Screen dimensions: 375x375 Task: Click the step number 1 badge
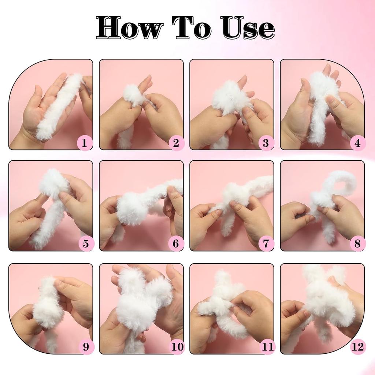(85, 143)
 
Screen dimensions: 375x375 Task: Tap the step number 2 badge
(176, 143)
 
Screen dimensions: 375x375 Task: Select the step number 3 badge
(266, 143)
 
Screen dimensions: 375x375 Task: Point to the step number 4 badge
(357, 143)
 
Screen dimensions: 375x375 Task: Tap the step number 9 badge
(86, 346)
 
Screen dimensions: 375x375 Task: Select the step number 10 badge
(177, 346)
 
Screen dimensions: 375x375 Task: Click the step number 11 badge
(267, 346)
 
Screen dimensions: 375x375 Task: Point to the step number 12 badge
(358, 346)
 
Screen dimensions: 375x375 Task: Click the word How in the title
(130, 27)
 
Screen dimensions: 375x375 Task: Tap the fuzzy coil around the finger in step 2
(133, 96)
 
